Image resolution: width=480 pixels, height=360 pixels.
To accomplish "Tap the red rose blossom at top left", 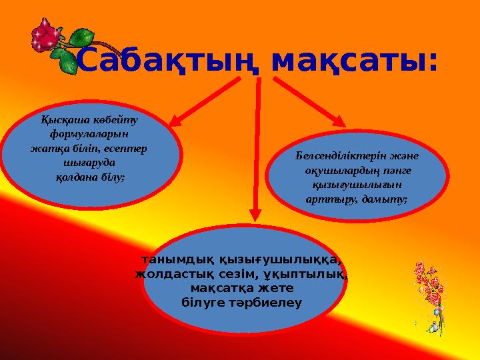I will pyautogui.click(x=47, y=35).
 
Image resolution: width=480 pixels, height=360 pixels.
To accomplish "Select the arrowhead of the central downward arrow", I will pyautogui.click(x=255, y=215).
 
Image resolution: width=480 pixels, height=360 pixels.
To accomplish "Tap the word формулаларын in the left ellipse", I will pyautogui.click(x=89, y=135).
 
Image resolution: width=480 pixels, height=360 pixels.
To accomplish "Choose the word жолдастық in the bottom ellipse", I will pyautogui.click(x=167, y=273).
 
